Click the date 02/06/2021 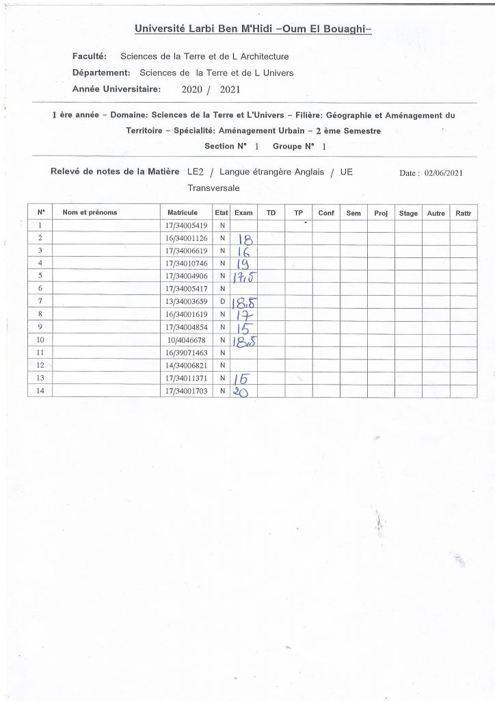pyautogui.click(x=443, y=173)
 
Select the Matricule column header pyautogui.click(x=182, y=213)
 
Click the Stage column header pyautogui.click(x=408, y=214)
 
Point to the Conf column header pyautogui.click(x=326, y=214)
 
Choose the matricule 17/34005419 pyautogui.click(x=187, y=225)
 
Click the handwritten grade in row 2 pyautogui.click(x=244, y=239)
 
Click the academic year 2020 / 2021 pyautogui.click(x=211, y=89)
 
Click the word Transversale pyautogui.click(x=213, y=188)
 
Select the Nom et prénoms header pyautogui.click(x=90, y=213)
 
